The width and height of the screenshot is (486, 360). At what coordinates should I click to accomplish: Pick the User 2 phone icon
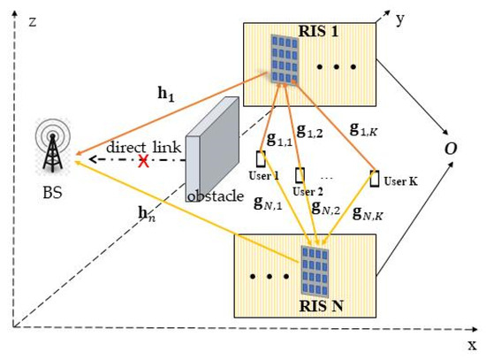pyautogui.click(x=300, y=172)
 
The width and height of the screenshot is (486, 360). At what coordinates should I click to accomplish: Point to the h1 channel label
pyautogui.click(x=167, y=90)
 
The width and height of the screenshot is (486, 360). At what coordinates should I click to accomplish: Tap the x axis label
pyautogui.click(x=470, y=344)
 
